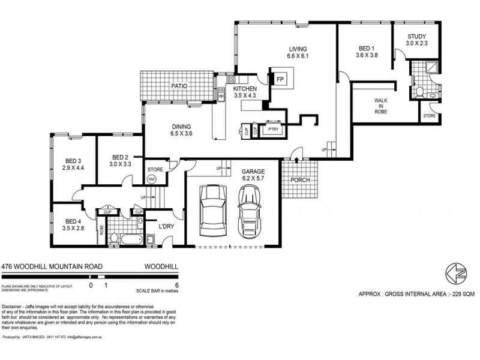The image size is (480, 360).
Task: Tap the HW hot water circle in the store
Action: [151, 179]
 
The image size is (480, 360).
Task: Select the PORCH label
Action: [299, 180]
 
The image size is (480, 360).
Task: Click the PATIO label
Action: [179, 86]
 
